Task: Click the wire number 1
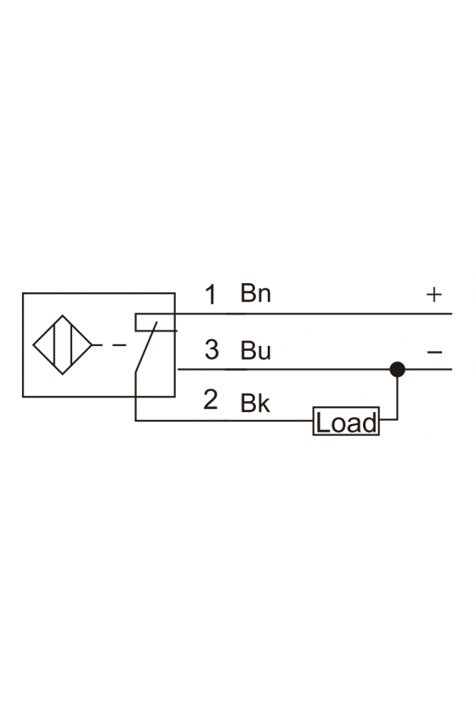tap(211, 295)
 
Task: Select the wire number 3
tap(212, 349)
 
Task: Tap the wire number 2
tap(211, 399)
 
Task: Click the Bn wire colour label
tap(256, 293)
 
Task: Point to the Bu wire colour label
tap(256, 350)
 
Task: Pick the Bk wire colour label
tap(255, 403)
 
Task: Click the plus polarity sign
tap(434, 295)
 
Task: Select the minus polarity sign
tap(434, 352)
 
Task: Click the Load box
tap(346, 422)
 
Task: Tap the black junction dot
tap(398, 369)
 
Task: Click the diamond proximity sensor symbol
tap(62, 345)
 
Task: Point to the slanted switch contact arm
tap(146, 347)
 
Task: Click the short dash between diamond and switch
tap(119, 345)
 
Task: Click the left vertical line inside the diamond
tap(54, 345)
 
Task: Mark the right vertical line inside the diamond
tap(71, 345)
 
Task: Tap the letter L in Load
tap(321, 422)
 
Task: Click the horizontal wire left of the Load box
tap(224, 421)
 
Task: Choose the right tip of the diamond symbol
tap(92, 345)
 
